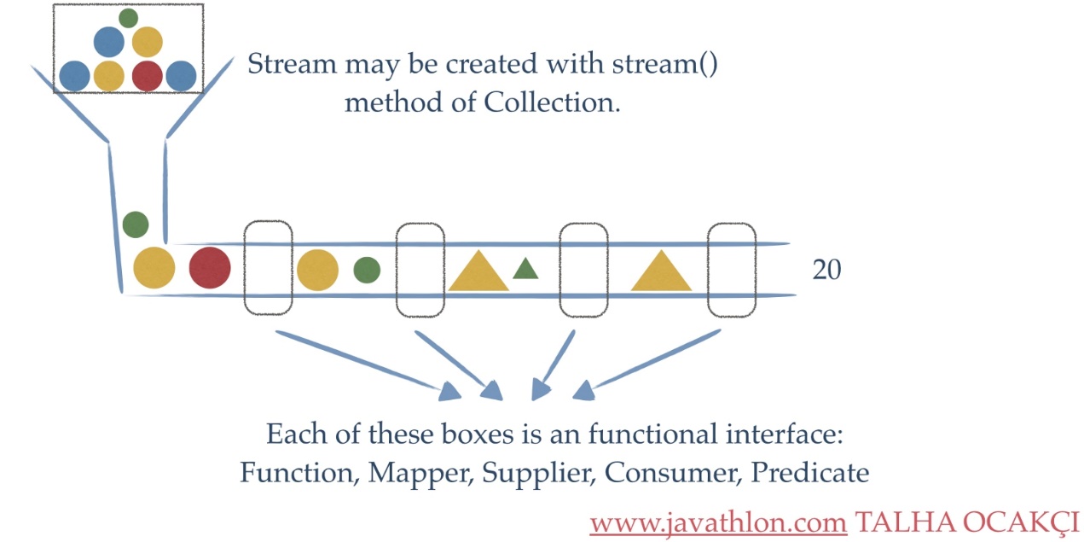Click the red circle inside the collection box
tap(147, 76)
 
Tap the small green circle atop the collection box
tap(129, 17)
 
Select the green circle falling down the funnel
tap(135, 224)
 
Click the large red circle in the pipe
tap(210, 268)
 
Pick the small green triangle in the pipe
tap(525, 269)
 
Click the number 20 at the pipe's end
tap(826, 270)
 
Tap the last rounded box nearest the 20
tap(733, 269)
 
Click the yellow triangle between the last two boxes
tap(661, 274)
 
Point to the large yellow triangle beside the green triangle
tap(478, 274)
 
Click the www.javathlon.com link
tap(716, 521)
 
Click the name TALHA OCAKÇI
tap(967, 521)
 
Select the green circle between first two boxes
tap(367, 269)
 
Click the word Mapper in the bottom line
tap(418, 472)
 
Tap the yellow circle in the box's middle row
tap(147, 41)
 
